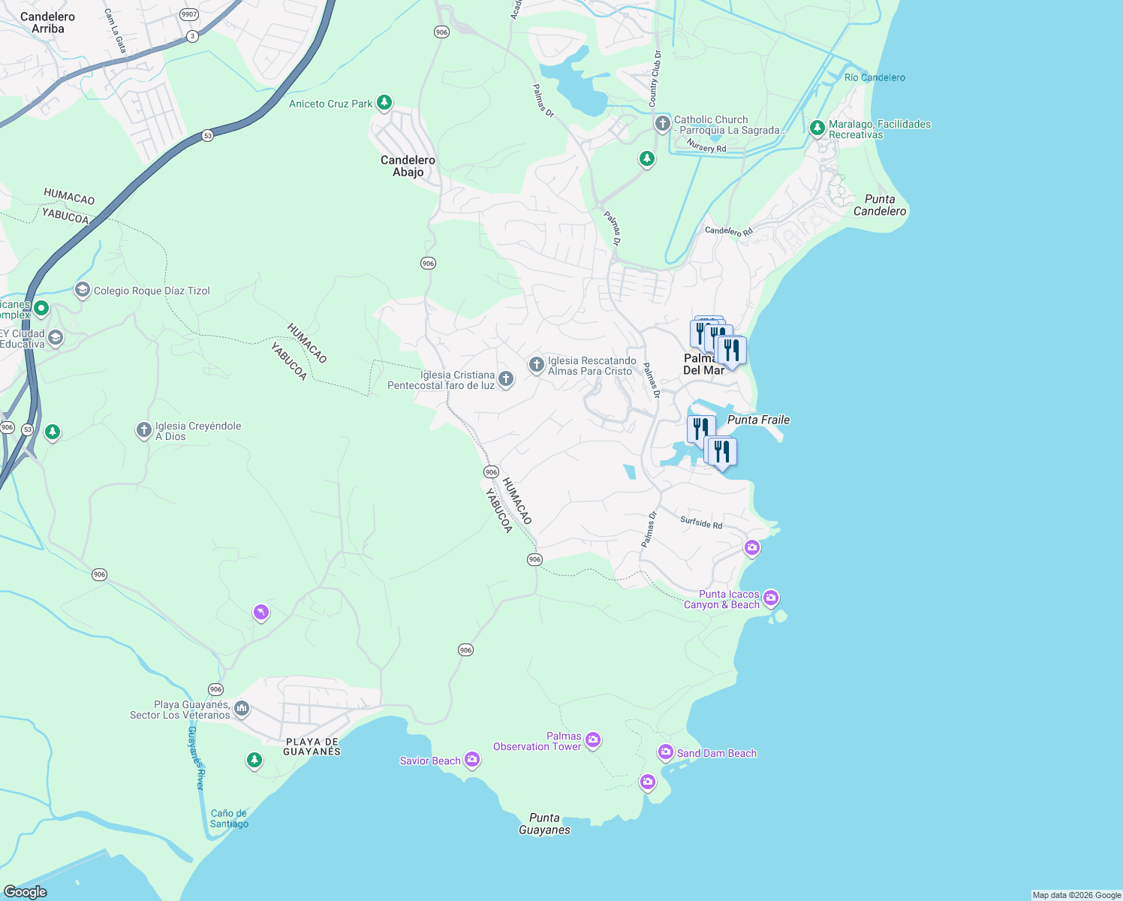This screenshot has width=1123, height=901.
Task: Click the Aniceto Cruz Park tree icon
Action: coord(384,103)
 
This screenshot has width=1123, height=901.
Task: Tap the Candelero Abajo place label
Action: coord(408,166)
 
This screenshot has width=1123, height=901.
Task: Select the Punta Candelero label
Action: coord(880,205)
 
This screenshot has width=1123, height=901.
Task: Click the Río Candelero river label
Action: coord(875,77)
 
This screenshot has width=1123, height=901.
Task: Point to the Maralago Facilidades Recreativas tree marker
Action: coord(817,128)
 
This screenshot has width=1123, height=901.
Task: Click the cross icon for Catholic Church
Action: coord(662,123)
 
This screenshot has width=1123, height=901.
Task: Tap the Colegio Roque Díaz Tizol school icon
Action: coord(83,290)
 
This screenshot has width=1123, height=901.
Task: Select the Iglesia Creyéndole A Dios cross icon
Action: coord(143,430)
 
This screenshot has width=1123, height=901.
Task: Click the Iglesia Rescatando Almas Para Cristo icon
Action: coord(536,365)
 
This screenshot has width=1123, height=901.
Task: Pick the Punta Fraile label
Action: coord(758,420)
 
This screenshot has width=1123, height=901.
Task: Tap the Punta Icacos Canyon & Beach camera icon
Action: coord(771,598)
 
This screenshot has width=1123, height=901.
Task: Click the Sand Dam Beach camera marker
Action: coord(666,752)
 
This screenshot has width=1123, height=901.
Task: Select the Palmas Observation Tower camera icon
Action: coord(593,740)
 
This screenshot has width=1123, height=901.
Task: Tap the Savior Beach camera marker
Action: coord(472,760)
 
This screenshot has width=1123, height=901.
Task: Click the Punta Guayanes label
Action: coord(544,824)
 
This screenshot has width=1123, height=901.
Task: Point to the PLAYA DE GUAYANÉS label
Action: coord(312,746)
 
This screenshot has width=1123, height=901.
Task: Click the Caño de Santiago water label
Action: coord(229,818)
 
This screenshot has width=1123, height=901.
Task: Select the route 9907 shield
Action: coord(189,14)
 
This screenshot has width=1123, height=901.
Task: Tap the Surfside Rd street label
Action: coord(701,523)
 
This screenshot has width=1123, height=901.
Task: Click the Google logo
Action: coord(26,891)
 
